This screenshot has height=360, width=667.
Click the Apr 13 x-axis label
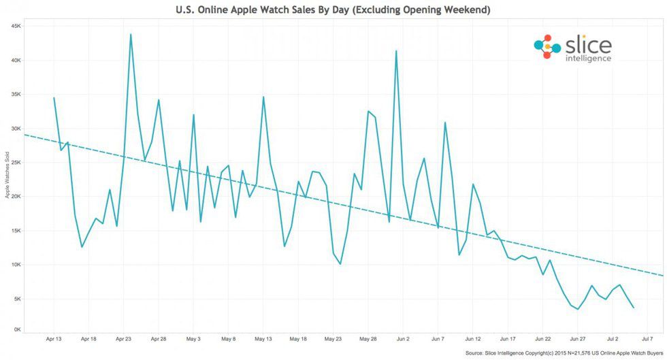pos(54,338)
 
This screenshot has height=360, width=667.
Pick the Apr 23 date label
pos(124,338)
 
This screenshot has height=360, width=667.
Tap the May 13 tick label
pos(263,338)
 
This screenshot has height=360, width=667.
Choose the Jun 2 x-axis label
pos(403,338)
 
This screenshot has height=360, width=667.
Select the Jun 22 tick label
pos(542,338)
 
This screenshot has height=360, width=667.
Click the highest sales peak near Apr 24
pos(131,34)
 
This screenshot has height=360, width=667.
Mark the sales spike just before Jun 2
pos(395,51)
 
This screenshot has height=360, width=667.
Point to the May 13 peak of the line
pos(263,97)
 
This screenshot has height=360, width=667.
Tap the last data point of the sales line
pos(634,308)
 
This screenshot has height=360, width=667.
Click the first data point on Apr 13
pos(54,98)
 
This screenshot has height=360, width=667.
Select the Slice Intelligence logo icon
pos(547,46)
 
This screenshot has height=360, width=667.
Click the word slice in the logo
pos(588,45)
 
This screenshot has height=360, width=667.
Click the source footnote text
pos(563,354)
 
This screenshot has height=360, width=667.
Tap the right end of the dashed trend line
pos(664,276)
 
